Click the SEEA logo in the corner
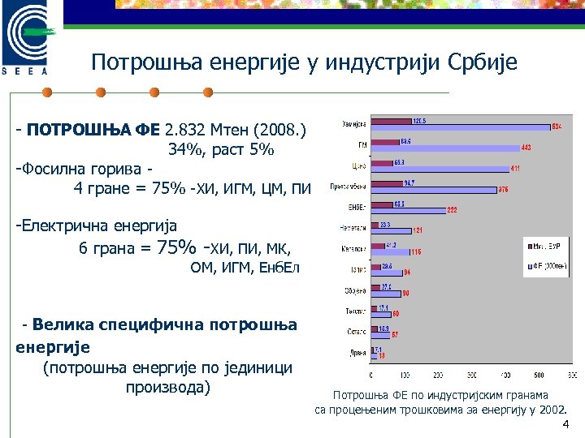[30, 41]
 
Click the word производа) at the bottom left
[168, 387]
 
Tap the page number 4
[565, 426]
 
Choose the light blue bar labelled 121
[391, 231]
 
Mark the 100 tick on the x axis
[405, 376]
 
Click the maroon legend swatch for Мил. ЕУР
[529, 244]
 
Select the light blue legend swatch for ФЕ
[529, 264]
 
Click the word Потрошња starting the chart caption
[357, 396]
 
